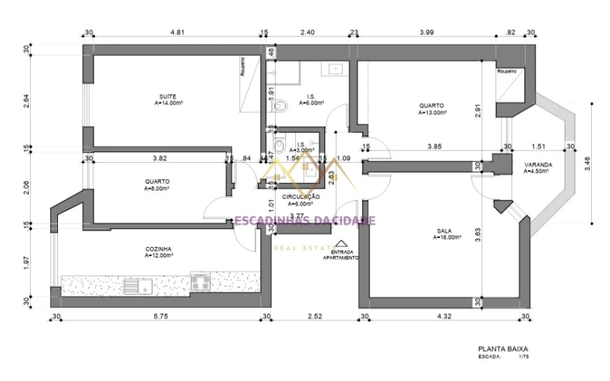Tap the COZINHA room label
click(160, 248)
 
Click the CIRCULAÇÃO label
click(301, 197)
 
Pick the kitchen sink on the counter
click(139, 285)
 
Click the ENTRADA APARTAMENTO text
click(340, 255)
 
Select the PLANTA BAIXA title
click(503, 349)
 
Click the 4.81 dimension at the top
click(178, 32)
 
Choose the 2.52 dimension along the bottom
click(315, 317)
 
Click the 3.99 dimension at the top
click(426, 32)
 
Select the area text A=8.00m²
click(157, 189)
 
